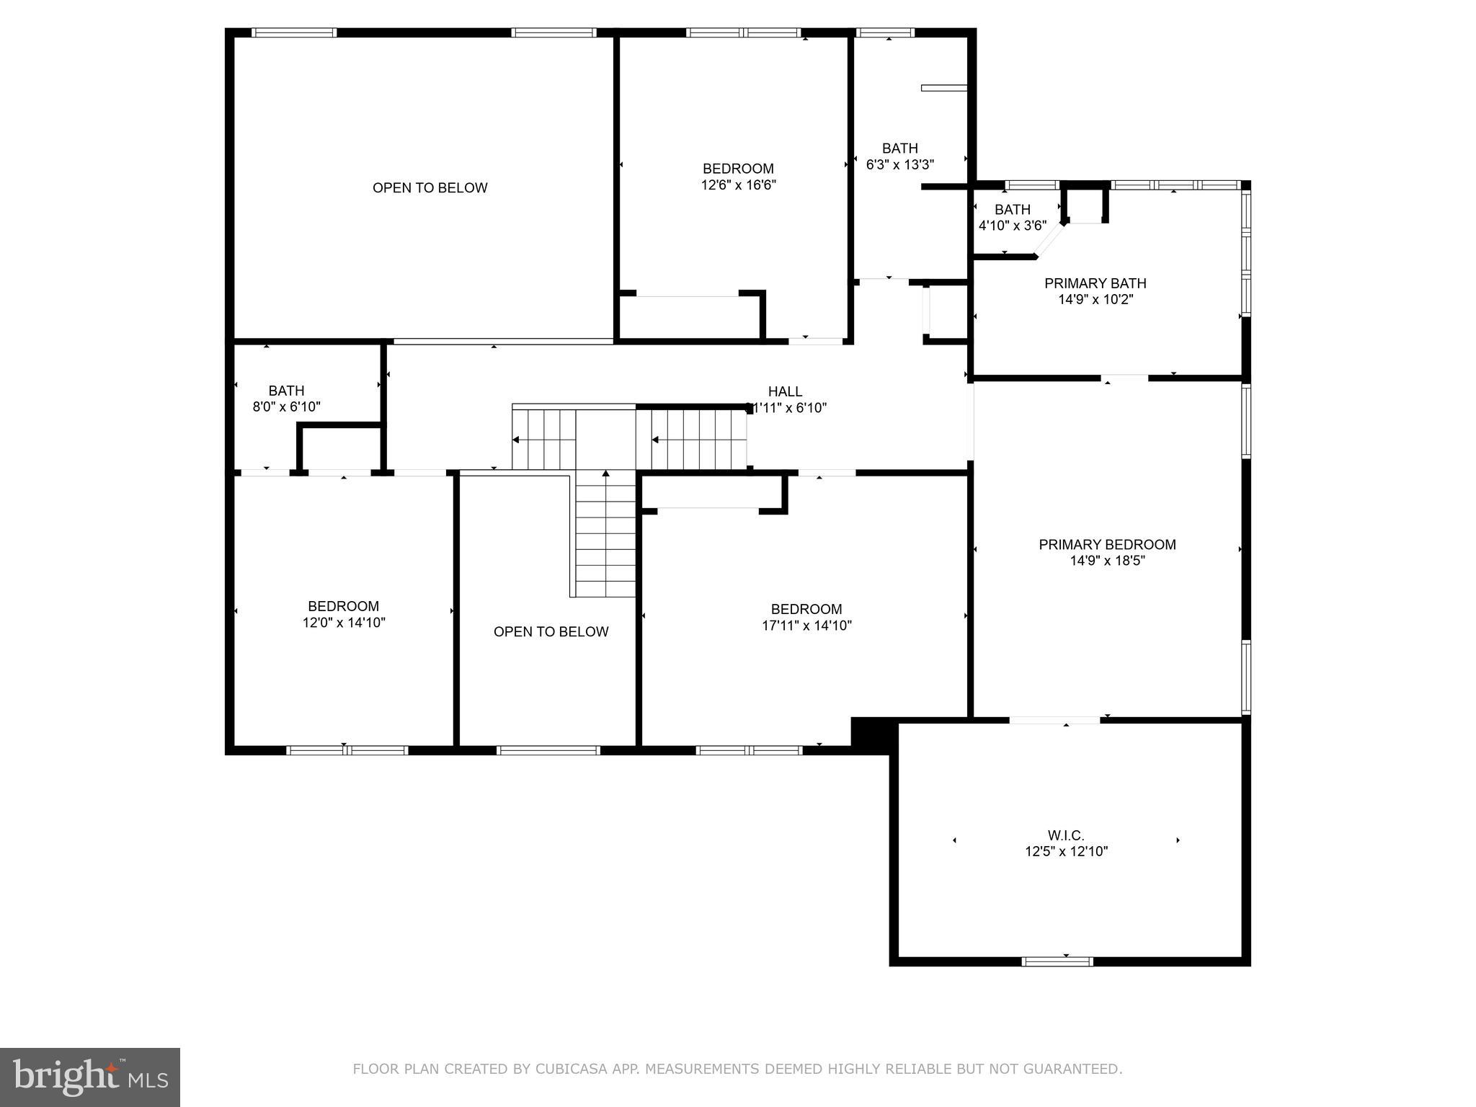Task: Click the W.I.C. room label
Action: (x=1066, y=835)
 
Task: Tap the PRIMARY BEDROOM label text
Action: (x=1107, y=545)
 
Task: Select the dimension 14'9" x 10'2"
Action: (x=1095, y=300)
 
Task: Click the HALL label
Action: (x=785, y=391)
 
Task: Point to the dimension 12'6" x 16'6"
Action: (x=738, y=185)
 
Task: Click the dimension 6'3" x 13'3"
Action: (x=899, y=165)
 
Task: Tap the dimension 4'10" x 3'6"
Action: (x=1012, y=226)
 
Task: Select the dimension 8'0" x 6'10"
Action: (x=286, y=407)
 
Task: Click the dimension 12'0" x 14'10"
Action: (x=344, y=623)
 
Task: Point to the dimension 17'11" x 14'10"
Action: (x=806, y=626)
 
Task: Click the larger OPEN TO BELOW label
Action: (x=430, y=188)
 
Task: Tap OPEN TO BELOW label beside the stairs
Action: (x=551, y=632)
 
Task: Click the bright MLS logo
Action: (x=90, y=1077)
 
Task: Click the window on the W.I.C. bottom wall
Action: (x=1057, y=961)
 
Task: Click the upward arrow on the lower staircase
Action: (x=606, y=474)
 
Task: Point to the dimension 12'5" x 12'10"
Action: (x=1066, y=852)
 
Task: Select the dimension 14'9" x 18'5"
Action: (x=1107, y=561)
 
